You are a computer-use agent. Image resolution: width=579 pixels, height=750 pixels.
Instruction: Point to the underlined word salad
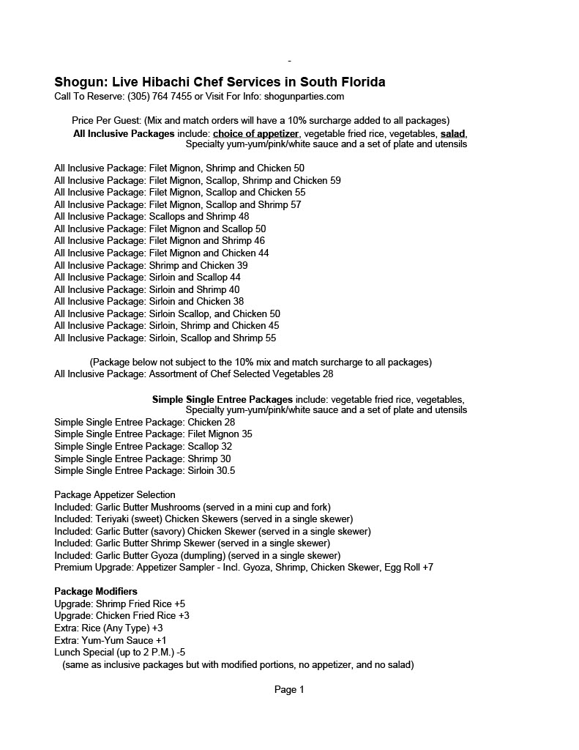click(x=453, y=133)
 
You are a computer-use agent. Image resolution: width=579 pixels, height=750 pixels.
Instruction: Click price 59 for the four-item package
click(x=335, y=180)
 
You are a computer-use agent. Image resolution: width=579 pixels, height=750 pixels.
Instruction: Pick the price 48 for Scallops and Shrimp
click(x=244, y=217)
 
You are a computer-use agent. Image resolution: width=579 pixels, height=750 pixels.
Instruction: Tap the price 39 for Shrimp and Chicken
click(x=242, y=265)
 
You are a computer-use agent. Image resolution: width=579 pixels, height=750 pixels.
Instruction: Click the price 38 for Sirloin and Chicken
click(x=239, y=301)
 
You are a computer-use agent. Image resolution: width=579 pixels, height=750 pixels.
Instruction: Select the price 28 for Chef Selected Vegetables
click(x=328, y=374)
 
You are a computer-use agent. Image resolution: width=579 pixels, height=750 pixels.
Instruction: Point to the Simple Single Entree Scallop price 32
click(x=226, y=446)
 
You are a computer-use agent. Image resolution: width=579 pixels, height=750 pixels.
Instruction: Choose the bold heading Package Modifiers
click(x=96, y=591)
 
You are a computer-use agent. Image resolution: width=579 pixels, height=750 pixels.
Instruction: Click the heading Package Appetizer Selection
click(x=115, y=494)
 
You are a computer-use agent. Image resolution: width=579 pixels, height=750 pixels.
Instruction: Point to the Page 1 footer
click(x=289, y=689)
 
